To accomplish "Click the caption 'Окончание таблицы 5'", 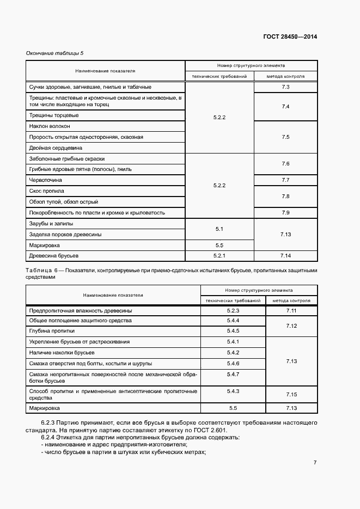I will pos(55,53).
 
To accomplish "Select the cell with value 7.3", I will pos(285,87).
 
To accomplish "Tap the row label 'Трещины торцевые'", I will pos(53,115).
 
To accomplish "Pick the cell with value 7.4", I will pos(285,106).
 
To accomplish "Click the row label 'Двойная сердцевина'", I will pos(56,148).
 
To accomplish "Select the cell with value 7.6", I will pos(285,164).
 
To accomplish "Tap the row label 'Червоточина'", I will pos(45,180).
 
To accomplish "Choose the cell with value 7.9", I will pos(285,213).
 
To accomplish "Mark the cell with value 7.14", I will pos(285,255).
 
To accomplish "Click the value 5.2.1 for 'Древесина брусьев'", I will pos(219,255).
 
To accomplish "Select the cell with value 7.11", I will pos(290,311).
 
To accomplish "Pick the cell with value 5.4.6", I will pos(233,363).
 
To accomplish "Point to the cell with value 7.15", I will pos(290,394).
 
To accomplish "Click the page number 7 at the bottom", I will pos(315,463).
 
